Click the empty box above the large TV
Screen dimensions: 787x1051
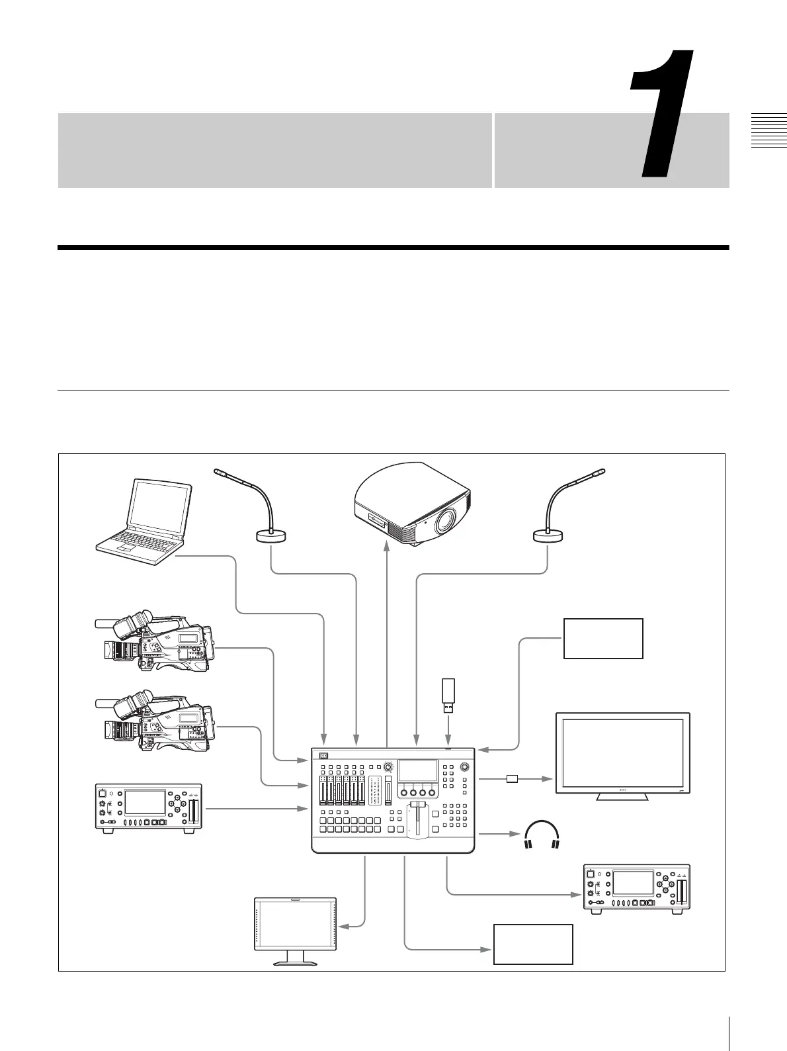point(602,638)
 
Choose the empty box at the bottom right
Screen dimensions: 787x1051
point(533,944)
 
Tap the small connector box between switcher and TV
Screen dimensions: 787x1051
point(511,778)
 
